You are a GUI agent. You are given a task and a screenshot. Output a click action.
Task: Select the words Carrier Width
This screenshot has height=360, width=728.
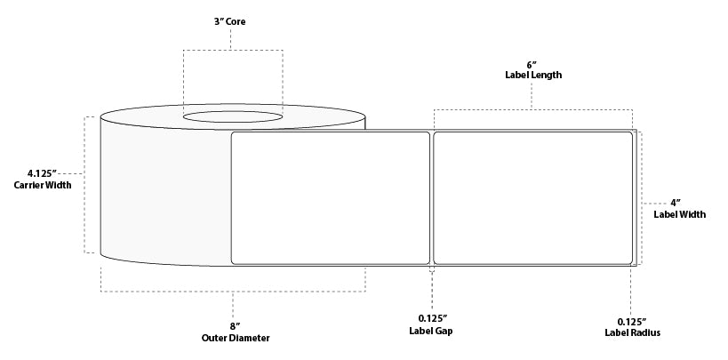[42, 185]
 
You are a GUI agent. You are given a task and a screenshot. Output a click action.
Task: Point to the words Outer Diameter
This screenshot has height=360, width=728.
[233, 338]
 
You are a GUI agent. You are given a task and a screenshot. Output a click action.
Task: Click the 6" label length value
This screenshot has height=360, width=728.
[532, 65]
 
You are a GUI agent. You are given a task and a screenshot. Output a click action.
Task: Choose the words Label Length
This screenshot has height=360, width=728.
[532, 76]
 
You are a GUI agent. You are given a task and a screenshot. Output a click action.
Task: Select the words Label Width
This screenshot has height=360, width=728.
[674, 213]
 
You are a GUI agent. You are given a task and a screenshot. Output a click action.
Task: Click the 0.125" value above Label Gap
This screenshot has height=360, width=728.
[432, 319]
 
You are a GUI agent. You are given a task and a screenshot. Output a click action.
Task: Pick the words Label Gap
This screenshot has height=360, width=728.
[432, 332]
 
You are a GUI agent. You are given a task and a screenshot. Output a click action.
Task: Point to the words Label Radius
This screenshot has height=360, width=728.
[630, 332]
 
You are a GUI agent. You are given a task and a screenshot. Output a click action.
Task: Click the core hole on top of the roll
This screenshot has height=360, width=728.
[234, 116]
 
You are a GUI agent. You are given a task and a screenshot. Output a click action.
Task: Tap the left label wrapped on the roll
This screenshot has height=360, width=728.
[330, 198]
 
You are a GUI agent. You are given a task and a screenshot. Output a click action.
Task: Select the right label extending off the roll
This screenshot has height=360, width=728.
[532, 198]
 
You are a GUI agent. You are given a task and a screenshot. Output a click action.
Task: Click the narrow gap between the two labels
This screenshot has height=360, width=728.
[432, 198]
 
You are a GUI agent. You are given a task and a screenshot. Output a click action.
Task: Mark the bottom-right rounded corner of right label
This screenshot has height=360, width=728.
[629, 261]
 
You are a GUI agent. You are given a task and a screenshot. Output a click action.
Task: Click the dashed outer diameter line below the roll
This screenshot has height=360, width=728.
[233, 292]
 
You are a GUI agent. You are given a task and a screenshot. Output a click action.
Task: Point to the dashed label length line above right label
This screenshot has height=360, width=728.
[532, 110]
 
